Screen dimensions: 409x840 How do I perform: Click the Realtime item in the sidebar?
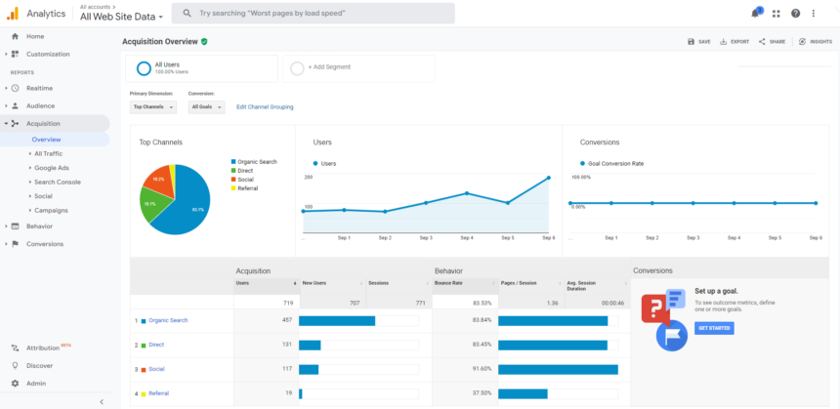click(39, 88)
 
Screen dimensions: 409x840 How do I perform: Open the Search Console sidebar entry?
click(57, 182)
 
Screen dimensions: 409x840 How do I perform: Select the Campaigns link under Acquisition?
click(51, 210)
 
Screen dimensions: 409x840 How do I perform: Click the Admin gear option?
click(35, 383)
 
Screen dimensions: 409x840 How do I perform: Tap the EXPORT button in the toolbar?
click(735, 42)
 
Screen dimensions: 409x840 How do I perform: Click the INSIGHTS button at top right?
click(816, 42)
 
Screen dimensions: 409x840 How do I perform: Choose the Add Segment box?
click(358, 67)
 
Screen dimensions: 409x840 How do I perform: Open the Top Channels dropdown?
click(152, 107)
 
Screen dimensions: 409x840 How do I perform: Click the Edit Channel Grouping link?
click(265, 107)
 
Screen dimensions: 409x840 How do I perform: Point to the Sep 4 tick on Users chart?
click(466, 237)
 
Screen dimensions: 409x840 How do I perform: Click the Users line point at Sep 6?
click(548, 178)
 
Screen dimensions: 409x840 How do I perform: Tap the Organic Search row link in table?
click(168, 320)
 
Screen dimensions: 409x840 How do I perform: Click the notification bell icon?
click(755, 13)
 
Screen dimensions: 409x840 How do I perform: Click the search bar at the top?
click(313, 14)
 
